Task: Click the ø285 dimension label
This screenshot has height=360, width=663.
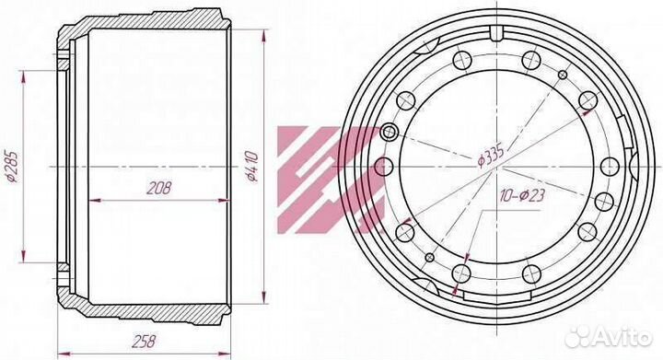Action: pos(13,167)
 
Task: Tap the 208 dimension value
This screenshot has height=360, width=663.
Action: pos(159,188)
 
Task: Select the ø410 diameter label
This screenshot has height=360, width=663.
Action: pos(253,167)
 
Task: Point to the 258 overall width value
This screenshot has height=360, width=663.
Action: pos(144,341)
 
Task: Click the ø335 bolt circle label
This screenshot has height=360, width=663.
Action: pos(491,157)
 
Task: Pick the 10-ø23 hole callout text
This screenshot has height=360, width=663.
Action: pos(522,195)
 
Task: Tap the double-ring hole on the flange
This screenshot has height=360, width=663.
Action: pos(389,133)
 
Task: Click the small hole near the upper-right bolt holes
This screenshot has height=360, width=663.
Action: pos(563,75)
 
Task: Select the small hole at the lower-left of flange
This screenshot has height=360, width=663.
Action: pos(430,257)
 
